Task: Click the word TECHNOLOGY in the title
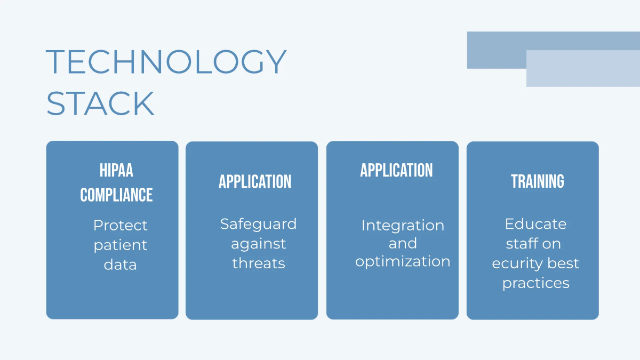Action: coord(166,62)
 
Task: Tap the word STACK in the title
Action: coord(100,103)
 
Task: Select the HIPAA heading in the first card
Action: coord(116,170)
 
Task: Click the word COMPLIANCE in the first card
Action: coord(116,195)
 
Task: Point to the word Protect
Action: coord(121,225)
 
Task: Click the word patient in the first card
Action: coord(121,245)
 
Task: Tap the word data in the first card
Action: coord(121,265)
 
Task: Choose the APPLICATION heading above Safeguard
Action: coord(255,182)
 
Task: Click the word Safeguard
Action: coord(258,225)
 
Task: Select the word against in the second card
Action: coord(258,244)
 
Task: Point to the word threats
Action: coord(259,263)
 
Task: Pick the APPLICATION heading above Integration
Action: coord(396,170)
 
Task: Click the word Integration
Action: coord(403,226)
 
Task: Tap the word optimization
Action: coord(403,261)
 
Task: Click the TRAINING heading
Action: coord(538,181)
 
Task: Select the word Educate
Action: coord(535,223)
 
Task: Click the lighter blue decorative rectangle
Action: coord(583,69)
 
